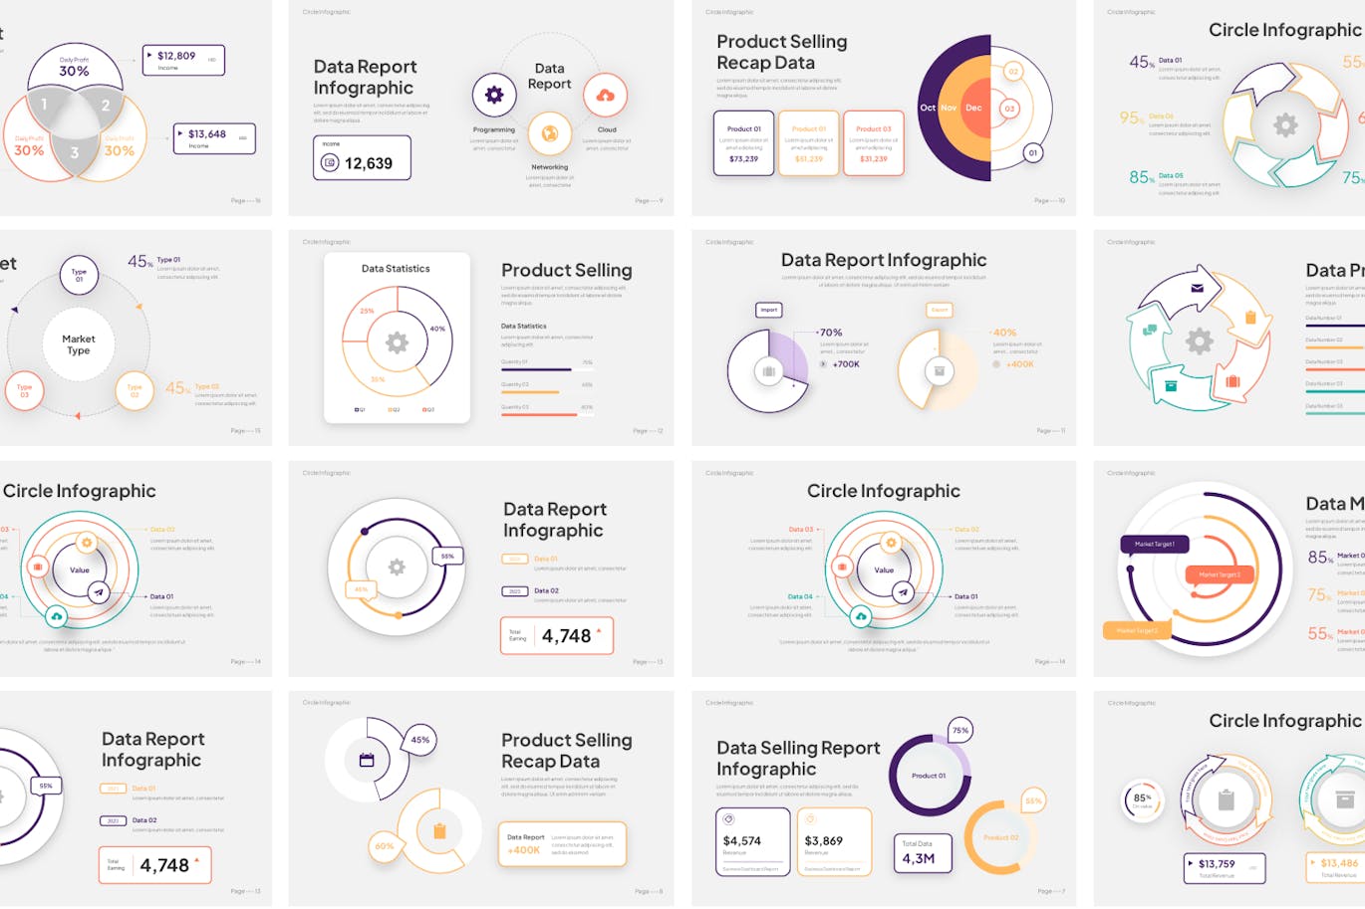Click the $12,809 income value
(176, 56)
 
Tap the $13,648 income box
(213, 137)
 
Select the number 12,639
(369, 163)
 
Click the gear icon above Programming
(494, 95)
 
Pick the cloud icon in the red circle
(605, 96)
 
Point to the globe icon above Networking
(549, 132)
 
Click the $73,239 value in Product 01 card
(743, 159)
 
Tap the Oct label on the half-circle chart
(928, 108)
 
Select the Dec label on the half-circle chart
(973, 108)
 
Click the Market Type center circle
(79, 344)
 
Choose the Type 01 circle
(79, 275)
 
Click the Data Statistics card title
(396, 269)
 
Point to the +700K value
(845, 364)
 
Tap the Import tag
(769, 310)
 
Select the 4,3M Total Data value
(919, 858)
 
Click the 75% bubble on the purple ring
(959, 730)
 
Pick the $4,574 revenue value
(742, 841)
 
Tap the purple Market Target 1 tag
(1155, 544)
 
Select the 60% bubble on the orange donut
(385, 846)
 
